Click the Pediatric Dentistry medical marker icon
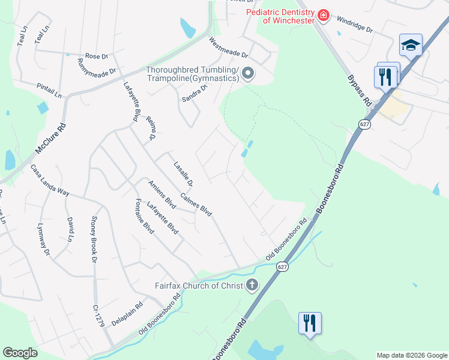tap(324, 15)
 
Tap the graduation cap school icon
tap(411, 45)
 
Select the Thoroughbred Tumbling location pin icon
tap(248, 75)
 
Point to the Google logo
tap(20, 353)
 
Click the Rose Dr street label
tap(96, 56)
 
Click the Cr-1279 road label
tap(99, 315)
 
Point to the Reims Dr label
tap(151, 128)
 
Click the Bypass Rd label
tap(359, 91)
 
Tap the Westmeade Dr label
tap(228, 48)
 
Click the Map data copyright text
tap(411, 355)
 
